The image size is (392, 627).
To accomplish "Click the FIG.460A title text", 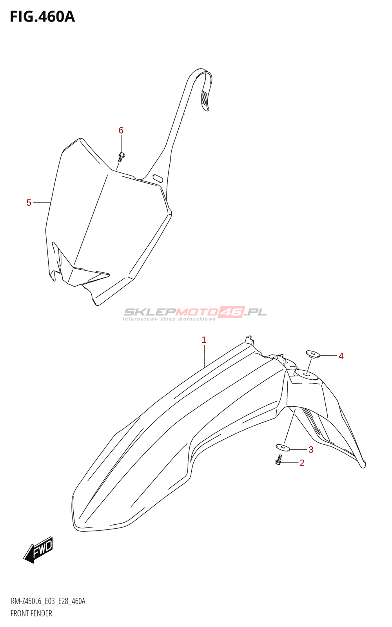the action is (x=42, y=17).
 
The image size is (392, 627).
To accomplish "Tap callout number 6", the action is (x=121, y=130).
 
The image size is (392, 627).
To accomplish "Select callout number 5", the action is (x=29, y=203).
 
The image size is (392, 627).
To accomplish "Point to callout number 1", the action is (x=204, y=340).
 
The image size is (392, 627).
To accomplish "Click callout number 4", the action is (x=341, y=356).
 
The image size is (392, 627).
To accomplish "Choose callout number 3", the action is (x=311, y=449).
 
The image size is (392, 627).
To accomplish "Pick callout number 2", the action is (x=302, y=463).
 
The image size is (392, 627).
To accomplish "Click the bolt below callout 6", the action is (x=121, y=156).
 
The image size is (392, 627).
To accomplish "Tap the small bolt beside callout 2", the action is (x=279, y=460).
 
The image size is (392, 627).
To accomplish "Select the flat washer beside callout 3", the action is (x=282, y=447).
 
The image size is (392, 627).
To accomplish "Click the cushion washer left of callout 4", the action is (x=313, y=354).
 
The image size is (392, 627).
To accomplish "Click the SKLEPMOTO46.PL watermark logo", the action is (x=195, y=313).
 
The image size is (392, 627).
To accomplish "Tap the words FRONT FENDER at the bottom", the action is (x=31, y=613).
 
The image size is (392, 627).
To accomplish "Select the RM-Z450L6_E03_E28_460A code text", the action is (x=48, y=601).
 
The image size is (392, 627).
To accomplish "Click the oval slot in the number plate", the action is (x=158, y=178).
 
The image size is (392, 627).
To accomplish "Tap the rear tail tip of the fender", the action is (x=363, y=465).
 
